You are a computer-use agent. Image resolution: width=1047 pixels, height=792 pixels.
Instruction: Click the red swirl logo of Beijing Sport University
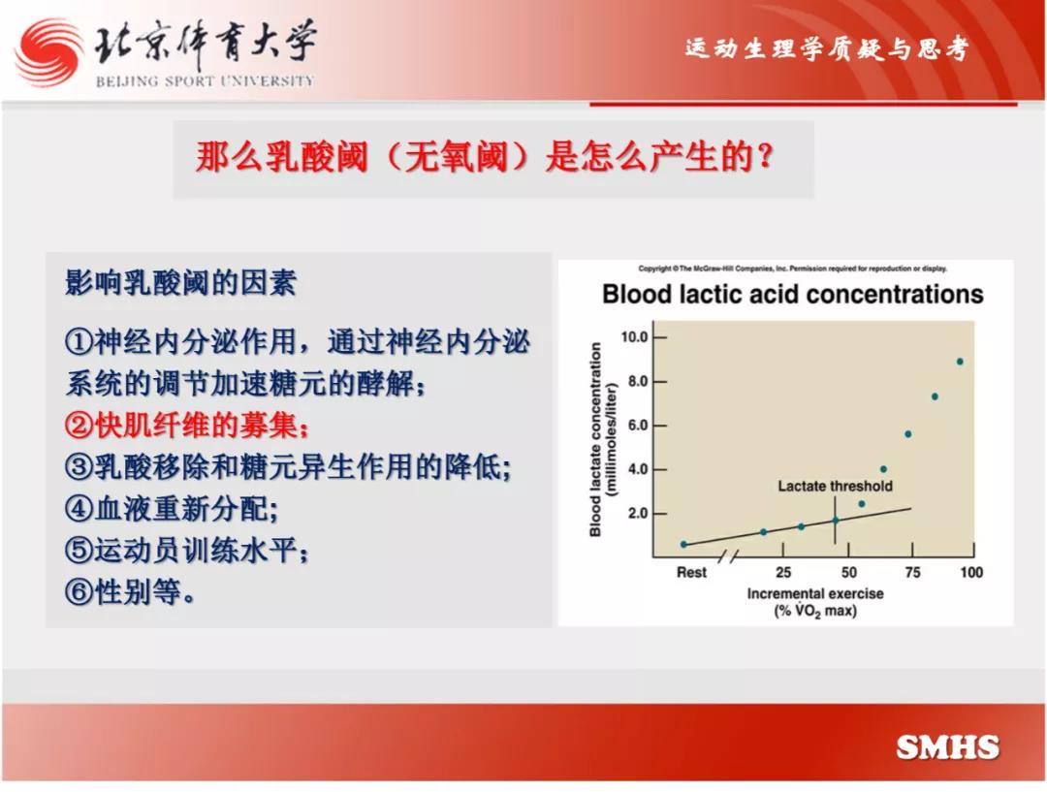(x=49, y=52)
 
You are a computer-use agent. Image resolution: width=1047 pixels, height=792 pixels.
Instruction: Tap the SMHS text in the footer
(x=947, y=747)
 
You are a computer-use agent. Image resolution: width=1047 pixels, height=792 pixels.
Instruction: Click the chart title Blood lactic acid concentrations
(x=793, y=294)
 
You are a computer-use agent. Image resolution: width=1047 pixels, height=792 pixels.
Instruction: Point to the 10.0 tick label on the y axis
(x=634, y=336)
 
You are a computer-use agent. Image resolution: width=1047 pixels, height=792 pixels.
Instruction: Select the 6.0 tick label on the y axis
(x=638, y=426)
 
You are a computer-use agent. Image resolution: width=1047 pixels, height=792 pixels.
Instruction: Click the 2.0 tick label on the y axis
(x=638, y=514)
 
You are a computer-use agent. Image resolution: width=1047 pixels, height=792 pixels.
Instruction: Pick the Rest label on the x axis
(x=691, y=572)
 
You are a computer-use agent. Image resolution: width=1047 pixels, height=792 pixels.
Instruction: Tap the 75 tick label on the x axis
(x=912, y=572)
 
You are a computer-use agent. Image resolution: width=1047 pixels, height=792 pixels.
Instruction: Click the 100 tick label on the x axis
(x=971, y=572)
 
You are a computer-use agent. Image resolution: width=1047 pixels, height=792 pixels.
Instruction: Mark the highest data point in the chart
(x=960, y=362)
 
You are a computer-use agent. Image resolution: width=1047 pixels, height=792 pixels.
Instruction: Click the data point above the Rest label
(x=683, y=544)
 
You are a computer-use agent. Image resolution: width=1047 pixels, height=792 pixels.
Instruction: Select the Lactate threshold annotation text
(x=835, y=486)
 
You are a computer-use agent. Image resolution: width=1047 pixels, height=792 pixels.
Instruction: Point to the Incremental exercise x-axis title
(x=815, y=593)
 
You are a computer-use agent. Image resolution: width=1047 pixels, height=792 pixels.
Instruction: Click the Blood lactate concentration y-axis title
(x=595, y=439)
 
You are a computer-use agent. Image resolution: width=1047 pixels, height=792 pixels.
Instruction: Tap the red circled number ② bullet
(x=79, y=425)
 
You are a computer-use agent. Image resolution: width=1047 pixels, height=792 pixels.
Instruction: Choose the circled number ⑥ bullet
(x=79, y=591)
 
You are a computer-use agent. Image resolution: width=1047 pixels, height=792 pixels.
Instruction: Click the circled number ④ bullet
(x=79, y=509)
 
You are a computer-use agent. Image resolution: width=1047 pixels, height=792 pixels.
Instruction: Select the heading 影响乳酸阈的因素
(x=180, y=282)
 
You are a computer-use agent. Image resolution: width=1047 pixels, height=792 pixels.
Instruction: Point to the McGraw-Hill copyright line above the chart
(x=793, y=269)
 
